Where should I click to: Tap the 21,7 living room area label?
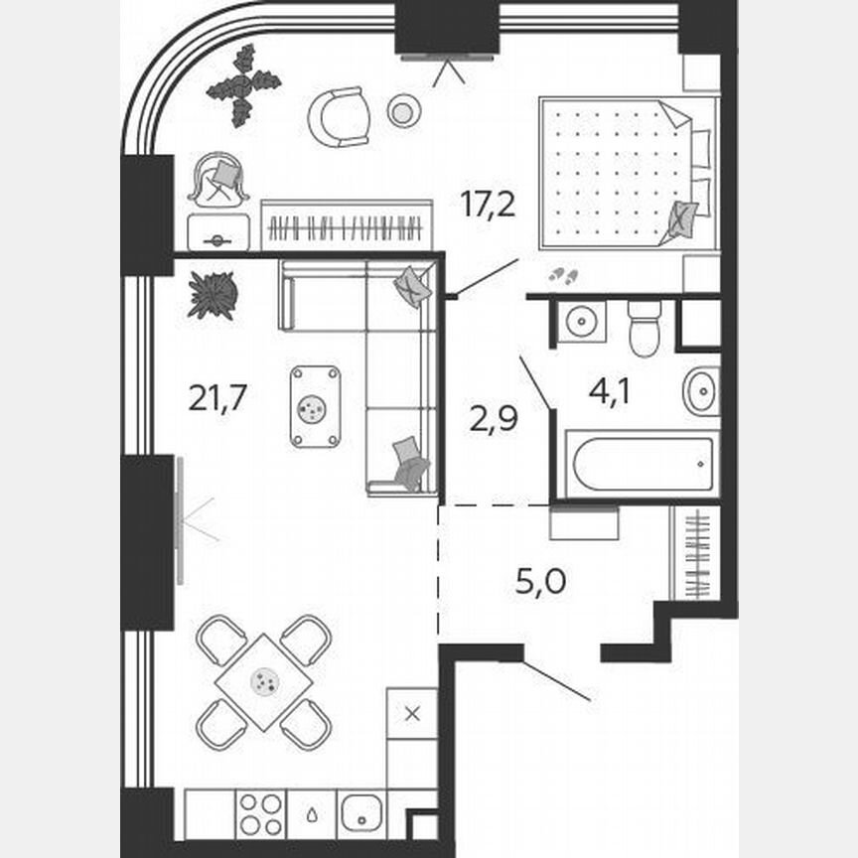[x=217, y=398]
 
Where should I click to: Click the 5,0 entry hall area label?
[x=541, y=582]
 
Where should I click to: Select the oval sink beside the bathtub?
[x=701, y=391]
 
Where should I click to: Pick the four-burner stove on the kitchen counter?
[x=260, y=814]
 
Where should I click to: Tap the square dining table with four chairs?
[x=264, y=682]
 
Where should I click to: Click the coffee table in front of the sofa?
[x=315, y=406]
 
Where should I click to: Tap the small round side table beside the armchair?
[x=401, y=111]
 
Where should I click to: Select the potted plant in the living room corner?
[x=213, y=295]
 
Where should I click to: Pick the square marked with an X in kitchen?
[x=412, y=712]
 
